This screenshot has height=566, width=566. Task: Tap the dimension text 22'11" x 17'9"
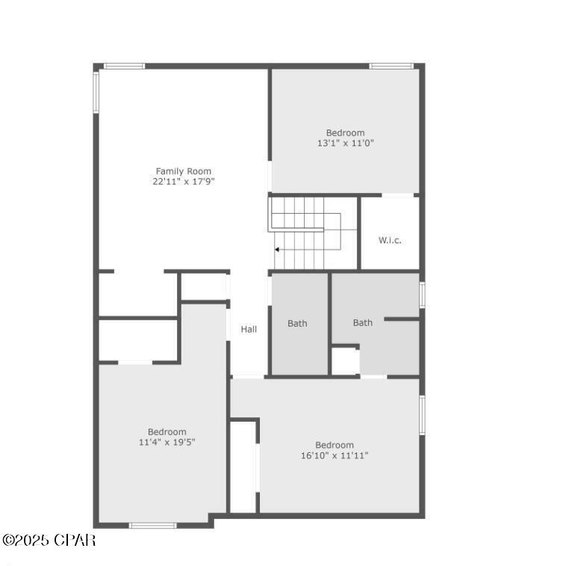(183, 181)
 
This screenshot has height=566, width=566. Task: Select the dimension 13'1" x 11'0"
(345, 143)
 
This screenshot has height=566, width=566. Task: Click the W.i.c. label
(390, 240)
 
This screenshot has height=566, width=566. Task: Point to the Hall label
(249, 329)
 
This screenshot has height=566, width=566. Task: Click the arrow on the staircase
(278, 249)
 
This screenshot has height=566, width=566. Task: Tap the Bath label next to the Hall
(297, 324)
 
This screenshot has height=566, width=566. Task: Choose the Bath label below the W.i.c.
(363, 323)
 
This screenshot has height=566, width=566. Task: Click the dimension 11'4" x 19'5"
(167, 442)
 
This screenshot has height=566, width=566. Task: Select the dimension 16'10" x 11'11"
(335, 455)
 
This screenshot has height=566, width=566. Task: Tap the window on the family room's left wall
(96, 91)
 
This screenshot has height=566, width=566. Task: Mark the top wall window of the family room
(124, 66)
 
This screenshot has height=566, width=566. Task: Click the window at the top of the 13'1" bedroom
(391, 66)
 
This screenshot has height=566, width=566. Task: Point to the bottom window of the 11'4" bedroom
(152, 526)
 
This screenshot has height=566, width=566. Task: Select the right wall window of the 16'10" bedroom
(422, 415)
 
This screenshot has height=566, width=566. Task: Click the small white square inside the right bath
(345, 360)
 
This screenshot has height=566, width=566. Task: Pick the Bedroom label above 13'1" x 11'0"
(345, 133)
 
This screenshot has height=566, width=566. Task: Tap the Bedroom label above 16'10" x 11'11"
(335, 445)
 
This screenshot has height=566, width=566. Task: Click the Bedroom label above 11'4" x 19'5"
(167, 431)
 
